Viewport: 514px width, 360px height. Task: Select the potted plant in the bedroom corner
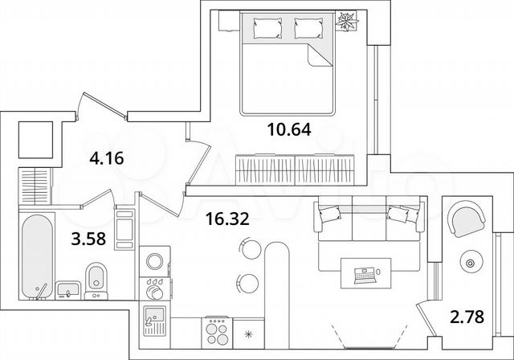pyautogui.click(x=347, y=22)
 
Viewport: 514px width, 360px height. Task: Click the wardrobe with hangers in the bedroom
pyautogui.click(x=296, y=170)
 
